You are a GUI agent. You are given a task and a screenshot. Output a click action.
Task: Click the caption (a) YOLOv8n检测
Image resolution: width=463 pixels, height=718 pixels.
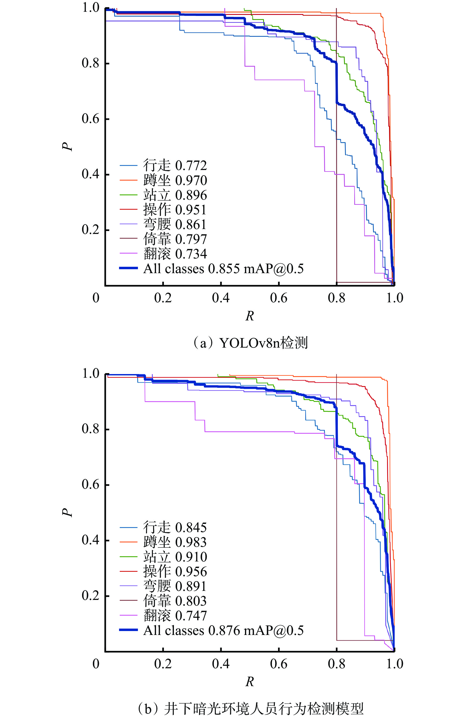click(x=250, y=342)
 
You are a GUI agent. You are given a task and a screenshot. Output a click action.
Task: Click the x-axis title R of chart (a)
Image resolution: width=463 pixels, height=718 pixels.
click(x=250, y=316)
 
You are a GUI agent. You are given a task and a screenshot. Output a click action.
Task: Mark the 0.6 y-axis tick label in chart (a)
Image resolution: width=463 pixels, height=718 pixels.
click(x=90, y=119)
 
